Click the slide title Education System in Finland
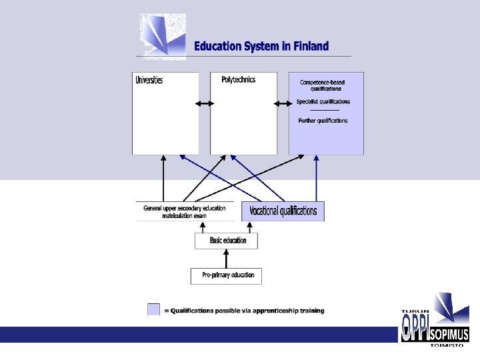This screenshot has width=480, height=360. coord(261,47)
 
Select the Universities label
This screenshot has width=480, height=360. coord(149,81)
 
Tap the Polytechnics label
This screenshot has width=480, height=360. coord(239,80)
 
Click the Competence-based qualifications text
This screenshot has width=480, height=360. coord(323,85)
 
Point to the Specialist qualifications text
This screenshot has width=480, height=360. coord(323,102)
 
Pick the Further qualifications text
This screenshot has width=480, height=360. coord(323,121)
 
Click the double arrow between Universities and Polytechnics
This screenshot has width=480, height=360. coord(205,103)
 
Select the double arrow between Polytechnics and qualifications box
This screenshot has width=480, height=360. coord(283,103)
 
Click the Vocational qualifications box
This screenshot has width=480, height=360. coord(283,211)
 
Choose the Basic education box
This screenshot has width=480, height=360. coord(227,241)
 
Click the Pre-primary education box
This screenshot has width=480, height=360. coord(227,275)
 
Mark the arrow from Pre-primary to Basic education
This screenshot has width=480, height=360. coord(227,259)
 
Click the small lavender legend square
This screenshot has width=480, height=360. coord(154,310)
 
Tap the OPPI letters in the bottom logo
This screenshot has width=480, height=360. coord(413,328)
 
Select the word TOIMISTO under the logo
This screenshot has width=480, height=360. coord(447,345)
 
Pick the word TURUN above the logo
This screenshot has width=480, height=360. coord(414,311)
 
